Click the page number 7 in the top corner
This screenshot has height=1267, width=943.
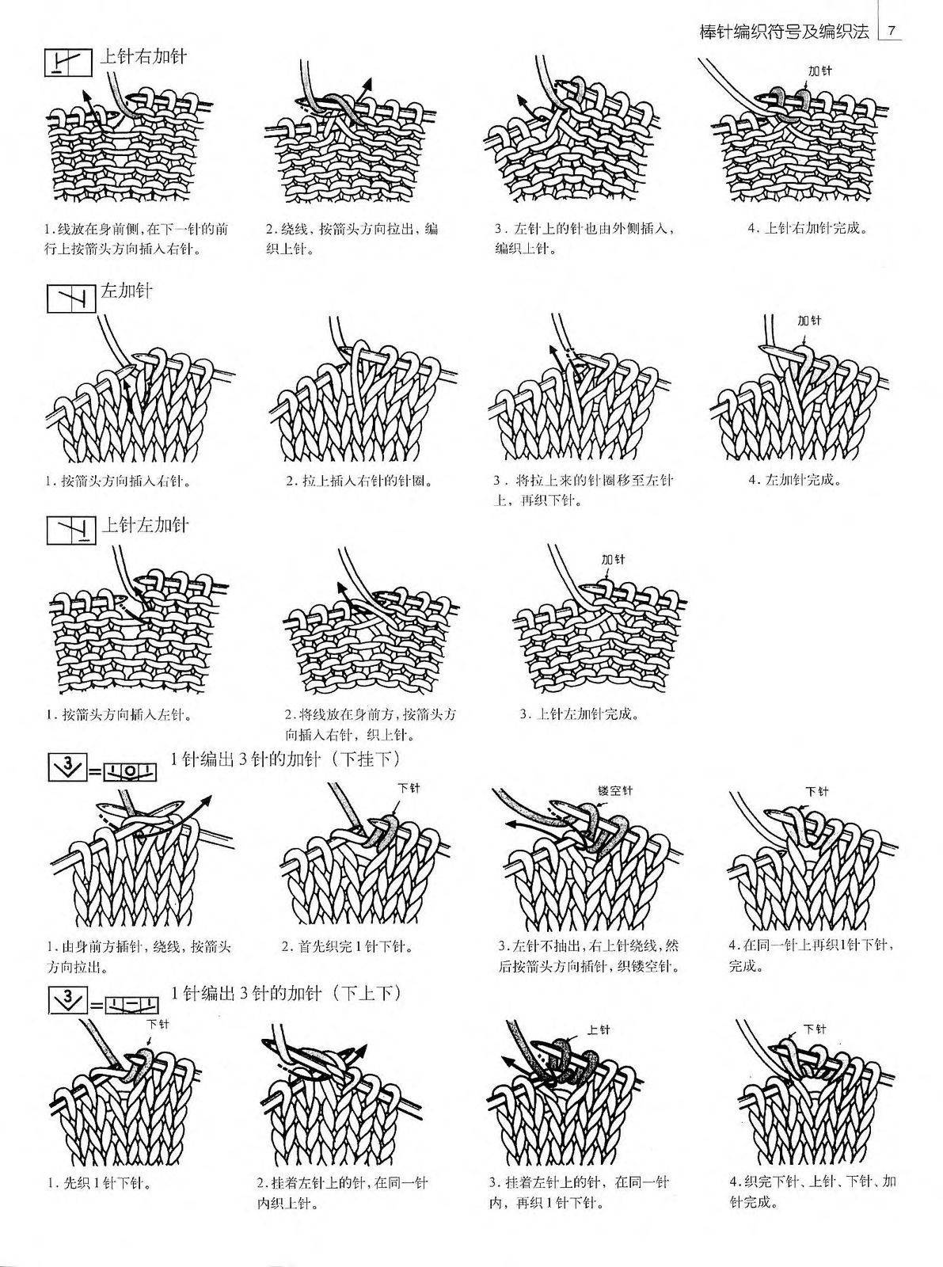pos(892,31)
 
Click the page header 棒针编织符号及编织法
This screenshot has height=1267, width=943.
pos(784,31)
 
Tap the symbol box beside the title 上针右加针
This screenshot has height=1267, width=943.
pos(69,63)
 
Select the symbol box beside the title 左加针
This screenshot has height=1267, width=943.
pos(71,299)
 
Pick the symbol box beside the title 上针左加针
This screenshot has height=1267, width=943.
pos(71,530)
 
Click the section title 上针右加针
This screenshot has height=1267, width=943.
pos(143,56)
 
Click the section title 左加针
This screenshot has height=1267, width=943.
pos(127,291)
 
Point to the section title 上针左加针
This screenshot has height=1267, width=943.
pos(145,525)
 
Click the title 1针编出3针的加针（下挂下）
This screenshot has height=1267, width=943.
pos(286,759)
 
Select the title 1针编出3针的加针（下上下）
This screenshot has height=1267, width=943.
pos(286,993)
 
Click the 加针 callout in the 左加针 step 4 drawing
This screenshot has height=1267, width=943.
pos(809,321)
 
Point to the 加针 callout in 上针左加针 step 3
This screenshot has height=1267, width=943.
pos(613,559)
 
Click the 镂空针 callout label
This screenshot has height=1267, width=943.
pos(615,791)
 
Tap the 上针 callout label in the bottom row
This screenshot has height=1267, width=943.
pos(599,1029)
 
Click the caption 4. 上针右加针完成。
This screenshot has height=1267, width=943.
pos(808,229)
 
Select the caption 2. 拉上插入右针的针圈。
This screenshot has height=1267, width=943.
pos(359,481)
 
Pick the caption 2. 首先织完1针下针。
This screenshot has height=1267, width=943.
pos(348,946)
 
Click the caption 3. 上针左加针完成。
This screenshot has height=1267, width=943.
pos(579,714)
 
